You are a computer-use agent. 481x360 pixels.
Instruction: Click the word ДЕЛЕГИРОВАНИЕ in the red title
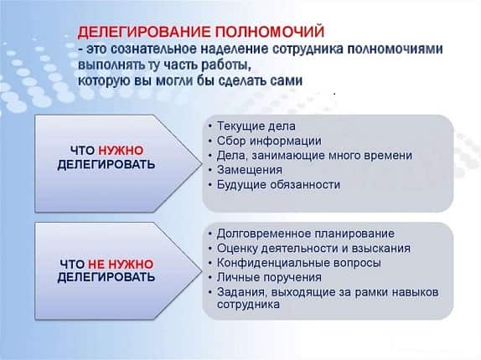pyautogui.click(x=144, y=32)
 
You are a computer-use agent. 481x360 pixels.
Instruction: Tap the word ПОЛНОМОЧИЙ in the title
pyautogui.click(x=269, y=32)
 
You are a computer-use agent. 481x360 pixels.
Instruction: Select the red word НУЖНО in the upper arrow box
pyautogui.click(x=121, y=151)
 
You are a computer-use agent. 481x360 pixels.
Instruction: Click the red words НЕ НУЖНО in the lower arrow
pyautogui.click(x=121, y=264)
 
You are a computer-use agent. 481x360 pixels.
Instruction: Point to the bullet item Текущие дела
pyautogui.click(x=256, y=126)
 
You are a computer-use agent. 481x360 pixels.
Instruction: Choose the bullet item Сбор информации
pyautogui.click(x=269, y=141)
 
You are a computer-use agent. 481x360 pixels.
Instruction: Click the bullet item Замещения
pyautogui.click(x=250, y=170)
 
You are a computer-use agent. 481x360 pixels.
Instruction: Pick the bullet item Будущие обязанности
pyautogui.click(x=278, y=184)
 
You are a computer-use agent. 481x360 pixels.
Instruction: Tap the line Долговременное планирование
pyautogui.click(x=306, y=234)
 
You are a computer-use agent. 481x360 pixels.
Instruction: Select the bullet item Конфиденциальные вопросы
pyautogui.click(x=299, y=263)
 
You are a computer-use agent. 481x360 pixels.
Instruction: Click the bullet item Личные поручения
pyautogui.click(x=269, y=277)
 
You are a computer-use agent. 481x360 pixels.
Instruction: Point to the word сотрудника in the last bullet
pyautogui.click(x=248, y=304)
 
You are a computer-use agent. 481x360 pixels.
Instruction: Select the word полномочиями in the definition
pyautogui.click(x=395, y=49)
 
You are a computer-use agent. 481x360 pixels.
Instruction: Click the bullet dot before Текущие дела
pyautogui.click(x=210, y=126)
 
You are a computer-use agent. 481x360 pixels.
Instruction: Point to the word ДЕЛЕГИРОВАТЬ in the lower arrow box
pyautogui.click(x=106, y=277)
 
